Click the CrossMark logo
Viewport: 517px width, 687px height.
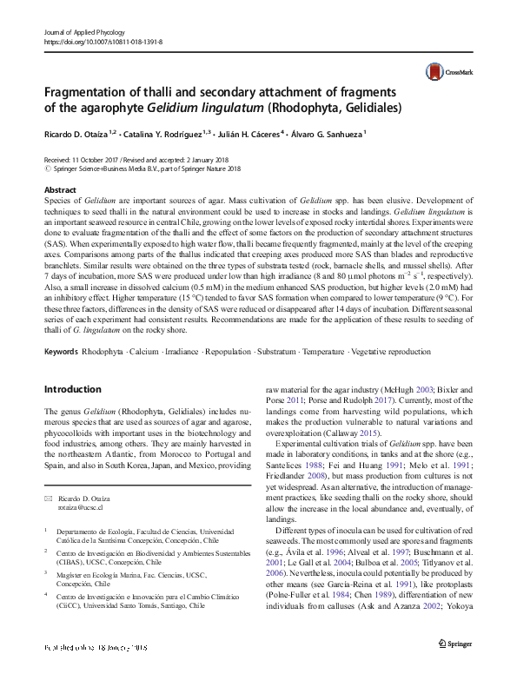coord(446,72)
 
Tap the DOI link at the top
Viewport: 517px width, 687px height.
coord(102,41)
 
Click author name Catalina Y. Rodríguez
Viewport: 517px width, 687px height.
coord(162,134)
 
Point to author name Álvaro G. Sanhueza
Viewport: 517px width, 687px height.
coord(329,134)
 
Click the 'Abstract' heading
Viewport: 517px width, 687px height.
coord(60,189)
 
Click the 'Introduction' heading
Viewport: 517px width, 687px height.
coord(73,390)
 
